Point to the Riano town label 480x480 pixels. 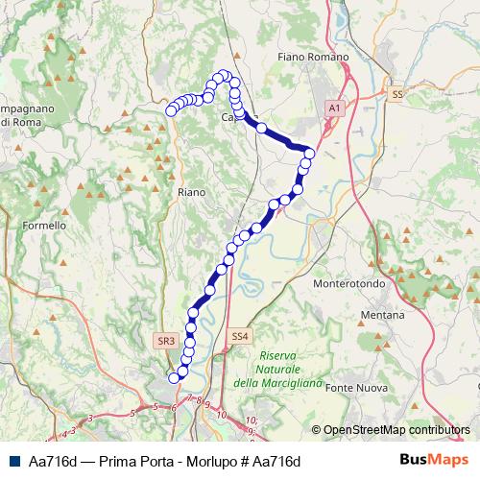[192, 193]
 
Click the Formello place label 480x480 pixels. [44, 226]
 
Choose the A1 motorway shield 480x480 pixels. [334, 110]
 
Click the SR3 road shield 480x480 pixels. [165, 340]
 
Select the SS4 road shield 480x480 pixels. [239, 336]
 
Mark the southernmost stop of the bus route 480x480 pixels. [174, 378]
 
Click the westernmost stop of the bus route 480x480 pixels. [172, 110]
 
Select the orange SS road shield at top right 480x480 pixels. [397, 94]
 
